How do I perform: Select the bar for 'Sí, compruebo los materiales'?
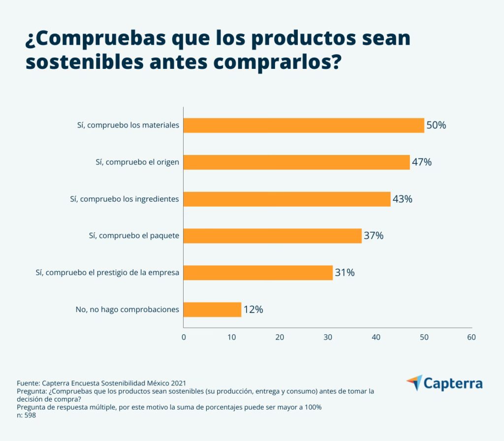coord(303,126)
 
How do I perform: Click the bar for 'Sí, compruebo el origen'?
coord(296,162)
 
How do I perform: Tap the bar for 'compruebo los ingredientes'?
coord(286,199)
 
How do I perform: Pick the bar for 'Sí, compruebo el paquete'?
coord(272,236)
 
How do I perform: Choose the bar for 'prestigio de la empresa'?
coord(258,273)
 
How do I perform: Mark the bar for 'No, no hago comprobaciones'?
coord(212,310)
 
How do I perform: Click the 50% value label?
coord(436,126)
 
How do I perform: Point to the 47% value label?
coord(422,162)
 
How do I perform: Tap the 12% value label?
coord(253,310)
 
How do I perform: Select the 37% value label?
coord(374,236)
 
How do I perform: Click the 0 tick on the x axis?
coord(184,337)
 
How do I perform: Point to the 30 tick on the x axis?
coord(328,337)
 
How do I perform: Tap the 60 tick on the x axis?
coord(472,337)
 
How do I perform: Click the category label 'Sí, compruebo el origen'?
coord(137,162)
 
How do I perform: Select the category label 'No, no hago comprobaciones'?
coord(127,310)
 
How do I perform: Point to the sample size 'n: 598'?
coord(27,415)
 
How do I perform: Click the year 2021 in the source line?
coord(177,383)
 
